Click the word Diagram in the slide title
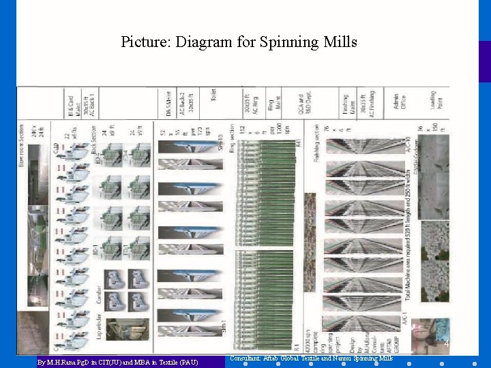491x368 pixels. point(201,42)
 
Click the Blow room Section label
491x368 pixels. point(23,143)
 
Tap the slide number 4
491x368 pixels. point(447,344)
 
